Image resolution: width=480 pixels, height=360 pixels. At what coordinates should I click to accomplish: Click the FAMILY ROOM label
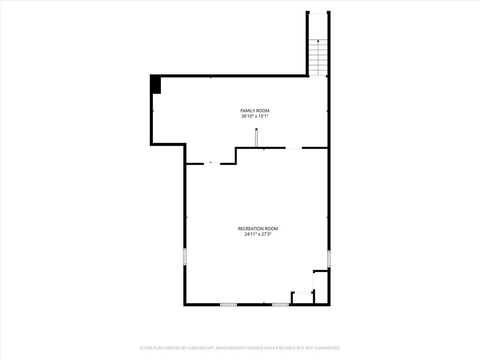coord(255,111)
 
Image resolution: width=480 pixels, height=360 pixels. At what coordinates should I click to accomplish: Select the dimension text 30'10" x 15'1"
coord(255,116)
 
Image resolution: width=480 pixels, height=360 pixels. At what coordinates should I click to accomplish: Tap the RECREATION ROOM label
coord(258,229)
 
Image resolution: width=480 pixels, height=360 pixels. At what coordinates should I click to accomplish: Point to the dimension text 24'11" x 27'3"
coord(258,234)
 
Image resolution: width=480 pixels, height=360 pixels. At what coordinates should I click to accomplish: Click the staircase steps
coord(318,58)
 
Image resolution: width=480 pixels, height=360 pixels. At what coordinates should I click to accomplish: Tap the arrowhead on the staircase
coord(318,40)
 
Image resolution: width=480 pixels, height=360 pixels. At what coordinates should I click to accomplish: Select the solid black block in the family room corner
coord(156,84)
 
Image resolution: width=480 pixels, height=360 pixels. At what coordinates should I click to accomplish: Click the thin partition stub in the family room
coord(256,138)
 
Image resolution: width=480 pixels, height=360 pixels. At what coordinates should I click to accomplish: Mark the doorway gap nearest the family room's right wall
coord(293,148)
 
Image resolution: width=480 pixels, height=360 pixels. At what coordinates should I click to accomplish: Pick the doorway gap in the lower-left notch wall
coord(212,164)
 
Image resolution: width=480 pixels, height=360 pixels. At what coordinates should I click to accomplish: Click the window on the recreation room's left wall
coord(185,256)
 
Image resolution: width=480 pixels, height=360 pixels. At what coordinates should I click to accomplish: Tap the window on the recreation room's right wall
coord(329,259)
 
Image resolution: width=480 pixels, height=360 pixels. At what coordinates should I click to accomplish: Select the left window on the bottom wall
coord(229,305)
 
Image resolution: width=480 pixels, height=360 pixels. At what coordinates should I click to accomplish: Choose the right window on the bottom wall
coord(280,305)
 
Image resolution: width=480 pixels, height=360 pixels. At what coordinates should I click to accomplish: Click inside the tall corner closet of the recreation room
coord(321,287)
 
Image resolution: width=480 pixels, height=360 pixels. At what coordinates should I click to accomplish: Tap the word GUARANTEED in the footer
coord(328,348)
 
